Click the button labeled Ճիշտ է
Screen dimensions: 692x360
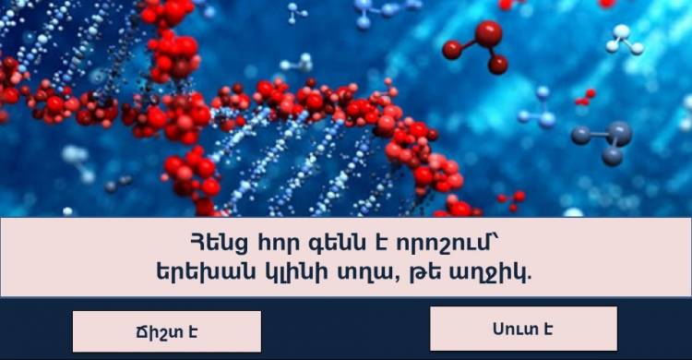167,331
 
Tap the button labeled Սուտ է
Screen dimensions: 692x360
524,329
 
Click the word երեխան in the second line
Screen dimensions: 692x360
206,272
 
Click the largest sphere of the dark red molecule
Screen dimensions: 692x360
488,34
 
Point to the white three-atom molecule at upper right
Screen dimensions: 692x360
624,40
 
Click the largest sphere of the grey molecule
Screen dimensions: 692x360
619,134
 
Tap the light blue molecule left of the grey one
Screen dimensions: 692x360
539,109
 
